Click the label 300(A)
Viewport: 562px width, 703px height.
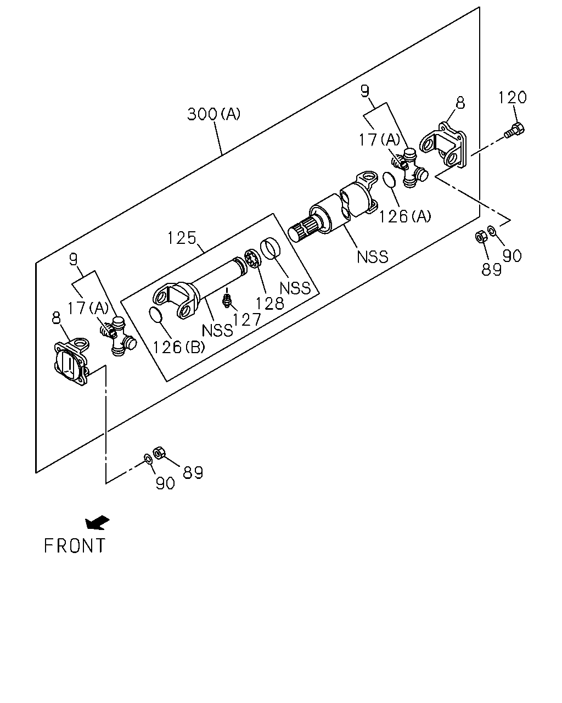coord(213,114)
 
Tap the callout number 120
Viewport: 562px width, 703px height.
coord(512,97)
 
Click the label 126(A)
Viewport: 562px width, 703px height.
coord(405,216)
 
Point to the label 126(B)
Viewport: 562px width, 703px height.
coord(178,347)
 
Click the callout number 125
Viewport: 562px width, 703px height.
coord(182,238)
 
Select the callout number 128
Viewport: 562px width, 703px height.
coord(269,304)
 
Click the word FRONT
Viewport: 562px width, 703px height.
coord(75,545)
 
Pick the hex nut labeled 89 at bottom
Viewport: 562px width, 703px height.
coord(159,452)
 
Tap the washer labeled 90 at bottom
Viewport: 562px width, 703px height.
coord(148,459)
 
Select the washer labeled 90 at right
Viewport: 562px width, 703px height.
coord(491,231)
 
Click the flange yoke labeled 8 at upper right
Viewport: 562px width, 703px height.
coord(442,145)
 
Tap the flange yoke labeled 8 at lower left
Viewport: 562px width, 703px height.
coord(71,362)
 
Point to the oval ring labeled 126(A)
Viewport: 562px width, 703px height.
coord(390,180)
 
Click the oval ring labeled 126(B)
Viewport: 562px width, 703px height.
coord(155,314)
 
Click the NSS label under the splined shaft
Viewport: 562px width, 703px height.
coord(373,257)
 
